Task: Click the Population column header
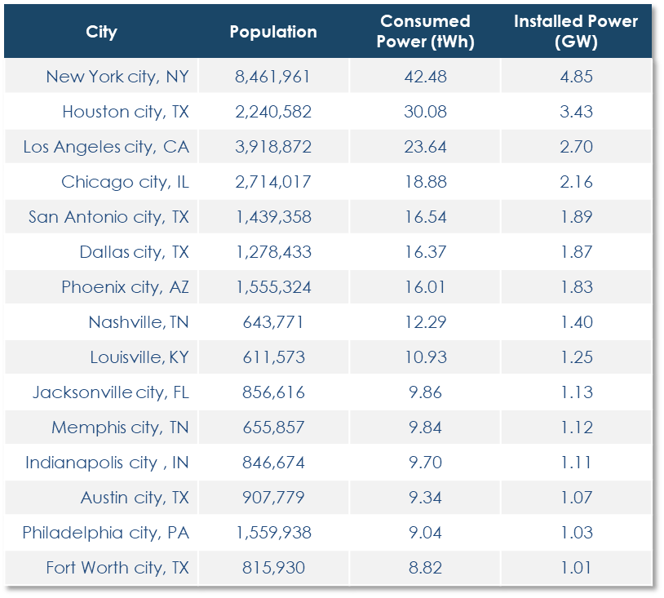tap(273, 33)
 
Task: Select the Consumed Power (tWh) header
tap(425, 32)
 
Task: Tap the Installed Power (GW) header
tap(575, 32)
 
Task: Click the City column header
tap(101, 33)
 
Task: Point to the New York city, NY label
tap(117, 77)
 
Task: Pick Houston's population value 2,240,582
tap(273, 112)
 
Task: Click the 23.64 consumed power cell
tap(425, 147)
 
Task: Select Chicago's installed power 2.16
tap(575, 182)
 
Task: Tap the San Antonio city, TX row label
tap(108, 217)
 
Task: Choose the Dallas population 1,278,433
tap(273, 252)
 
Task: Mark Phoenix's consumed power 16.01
tap(425, 287)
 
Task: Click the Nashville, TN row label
tap(139, 322)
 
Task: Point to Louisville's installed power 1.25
tap(575, 357)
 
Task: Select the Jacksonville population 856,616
tap(273, 392)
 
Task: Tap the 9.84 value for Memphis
tap(425, 427)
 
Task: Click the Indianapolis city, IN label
tap(107, 463)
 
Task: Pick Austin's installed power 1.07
tap(575, 498)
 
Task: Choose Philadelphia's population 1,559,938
tap(273, 533)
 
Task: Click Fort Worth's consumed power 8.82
tap(425, 568)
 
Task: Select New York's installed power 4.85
tap(575, 77)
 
